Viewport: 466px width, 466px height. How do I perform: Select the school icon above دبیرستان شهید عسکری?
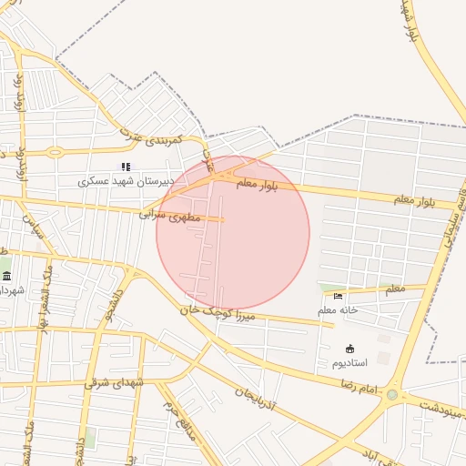(x=126, y=167)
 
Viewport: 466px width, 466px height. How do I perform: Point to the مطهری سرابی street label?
(x=167, y=215)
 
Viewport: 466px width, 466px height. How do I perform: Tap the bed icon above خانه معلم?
(x=339, y=296)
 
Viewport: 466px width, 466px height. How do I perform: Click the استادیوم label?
(x=349, y=363)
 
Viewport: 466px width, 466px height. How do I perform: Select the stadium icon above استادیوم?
(x=350, y=349)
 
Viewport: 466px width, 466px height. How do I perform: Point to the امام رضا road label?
(x=358, y=387)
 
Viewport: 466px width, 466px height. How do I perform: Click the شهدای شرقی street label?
(x=116, y=383)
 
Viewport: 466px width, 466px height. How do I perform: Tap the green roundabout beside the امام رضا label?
(x=392, y=395)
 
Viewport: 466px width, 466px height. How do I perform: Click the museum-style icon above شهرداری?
(x=6, y=277)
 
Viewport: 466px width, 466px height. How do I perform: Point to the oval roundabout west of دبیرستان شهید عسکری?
(x=56, y=152)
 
